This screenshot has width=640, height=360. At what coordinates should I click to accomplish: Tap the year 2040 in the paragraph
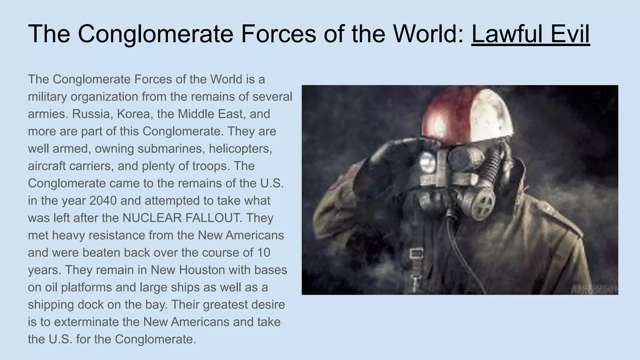click(103, 201)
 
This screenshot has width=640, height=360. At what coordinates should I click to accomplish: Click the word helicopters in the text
click(240, 149)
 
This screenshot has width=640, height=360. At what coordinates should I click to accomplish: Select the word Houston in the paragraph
click(203, 270)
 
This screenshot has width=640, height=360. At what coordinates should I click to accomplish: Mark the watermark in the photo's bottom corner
click(594, 289)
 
